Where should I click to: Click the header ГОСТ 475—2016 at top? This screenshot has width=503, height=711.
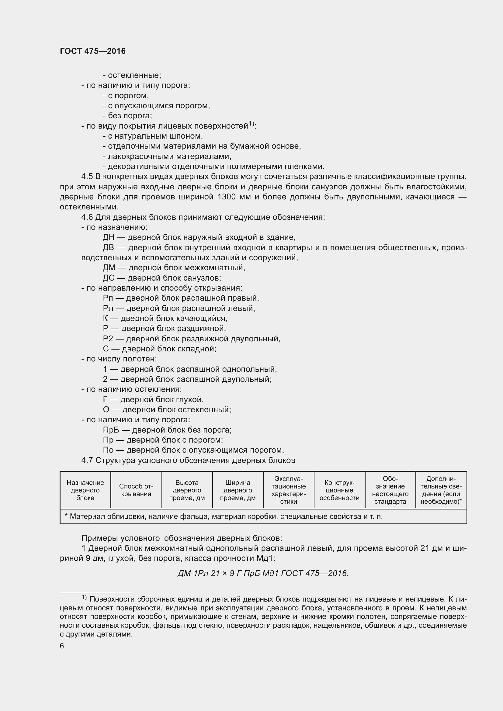(93, 51)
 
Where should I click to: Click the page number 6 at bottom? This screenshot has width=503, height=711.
(62, 646)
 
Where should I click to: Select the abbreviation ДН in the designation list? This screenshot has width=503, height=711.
(108, 237)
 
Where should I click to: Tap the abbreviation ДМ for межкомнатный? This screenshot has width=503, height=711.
(109, 267)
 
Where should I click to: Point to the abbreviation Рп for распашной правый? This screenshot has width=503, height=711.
(108, 298)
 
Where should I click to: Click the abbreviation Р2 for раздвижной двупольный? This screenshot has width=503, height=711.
(108, 339)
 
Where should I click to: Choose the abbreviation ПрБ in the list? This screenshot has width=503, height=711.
(110, 430)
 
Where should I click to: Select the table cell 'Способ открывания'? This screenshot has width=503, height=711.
(136, 490)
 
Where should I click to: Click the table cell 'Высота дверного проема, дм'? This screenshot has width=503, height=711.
(187, 490)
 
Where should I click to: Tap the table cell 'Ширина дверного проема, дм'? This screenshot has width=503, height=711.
(238, 490)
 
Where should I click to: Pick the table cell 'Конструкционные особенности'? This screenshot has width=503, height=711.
(339, 490)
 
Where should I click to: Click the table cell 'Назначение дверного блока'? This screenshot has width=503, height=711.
(85, 490)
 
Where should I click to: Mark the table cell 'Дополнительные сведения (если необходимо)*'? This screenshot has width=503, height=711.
(441, 490)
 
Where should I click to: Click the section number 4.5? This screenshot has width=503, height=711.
(87, 177)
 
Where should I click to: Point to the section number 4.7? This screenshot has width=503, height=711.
(87, 461)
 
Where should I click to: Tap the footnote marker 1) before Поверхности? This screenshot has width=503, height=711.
(84, 596)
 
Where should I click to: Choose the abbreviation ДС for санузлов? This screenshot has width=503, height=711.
(108, 278)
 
